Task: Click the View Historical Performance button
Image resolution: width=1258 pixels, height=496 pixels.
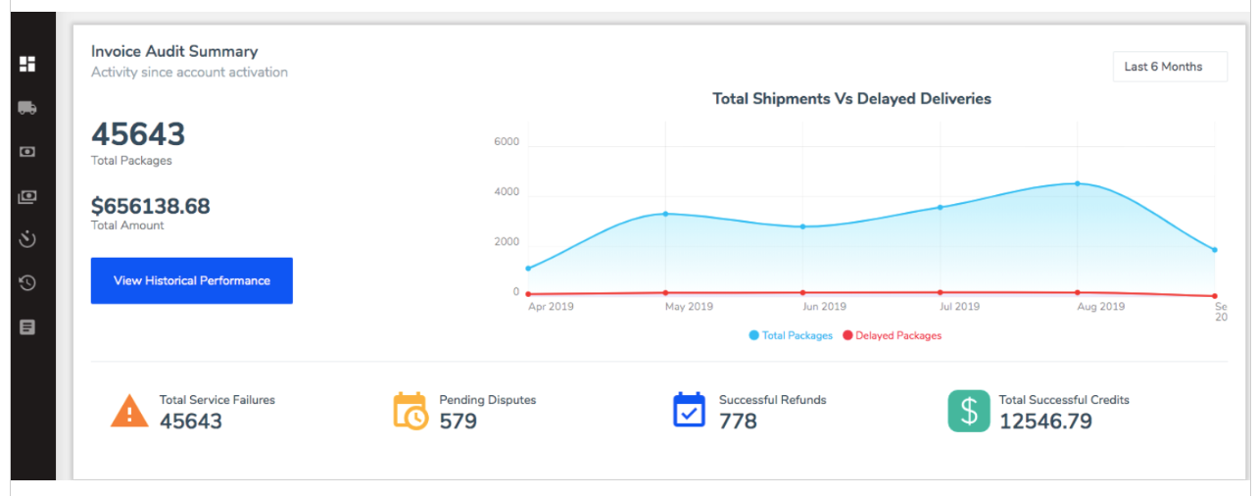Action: point(192,280)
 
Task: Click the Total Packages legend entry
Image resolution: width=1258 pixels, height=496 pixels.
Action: point(791,335)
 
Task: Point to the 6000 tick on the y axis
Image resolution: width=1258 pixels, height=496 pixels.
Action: point(507,142)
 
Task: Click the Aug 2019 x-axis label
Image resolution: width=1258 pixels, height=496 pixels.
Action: point(1100,307)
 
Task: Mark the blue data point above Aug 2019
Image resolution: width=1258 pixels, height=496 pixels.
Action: point(1077,183)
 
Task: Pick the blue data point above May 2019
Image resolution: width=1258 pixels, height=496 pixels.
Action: point(665,214)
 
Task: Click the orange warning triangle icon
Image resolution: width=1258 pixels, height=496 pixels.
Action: point(129,411)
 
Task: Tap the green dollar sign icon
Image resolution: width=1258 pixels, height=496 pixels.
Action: point(968,411)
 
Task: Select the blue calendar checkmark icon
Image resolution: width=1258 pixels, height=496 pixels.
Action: point(689,411)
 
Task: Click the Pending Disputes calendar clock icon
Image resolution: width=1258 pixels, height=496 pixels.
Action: point(411,411)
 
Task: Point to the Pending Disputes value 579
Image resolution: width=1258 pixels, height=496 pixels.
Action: point(458,422)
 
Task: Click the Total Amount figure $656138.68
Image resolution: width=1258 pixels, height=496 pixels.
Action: point(150,206)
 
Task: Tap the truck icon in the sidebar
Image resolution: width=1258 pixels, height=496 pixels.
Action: point(27,108)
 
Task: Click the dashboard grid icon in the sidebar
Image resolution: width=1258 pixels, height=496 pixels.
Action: point(27,64)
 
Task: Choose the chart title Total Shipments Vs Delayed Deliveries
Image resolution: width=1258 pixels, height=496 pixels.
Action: point(851,98)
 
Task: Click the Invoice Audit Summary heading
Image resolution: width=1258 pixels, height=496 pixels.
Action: point(174,51)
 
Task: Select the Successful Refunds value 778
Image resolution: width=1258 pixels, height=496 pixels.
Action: point(738,422)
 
